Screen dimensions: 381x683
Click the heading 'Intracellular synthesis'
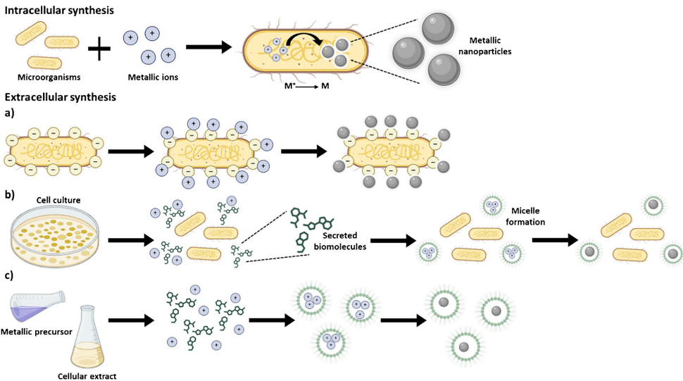point(61,11)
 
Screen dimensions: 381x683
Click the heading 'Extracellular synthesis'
point(61,97)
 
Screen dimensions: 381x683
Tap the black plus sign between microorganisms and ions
point(99,49)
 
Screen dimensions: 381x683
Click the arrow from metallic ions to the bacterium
point(208,48)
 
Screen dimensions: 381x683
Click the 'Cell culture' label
point(58,201)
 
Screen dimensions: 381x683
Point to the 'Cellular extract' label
point(89,375)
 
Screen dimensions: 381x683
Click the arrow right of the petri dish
point(127,241)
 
